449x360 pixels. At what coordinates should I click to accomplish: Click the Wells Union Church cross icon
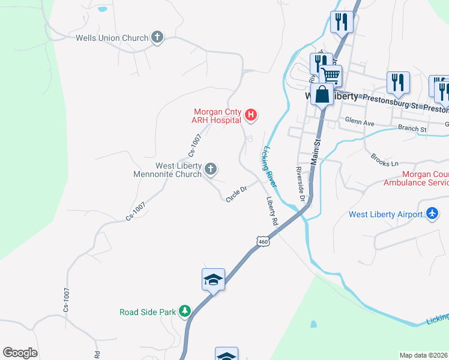point(157,38)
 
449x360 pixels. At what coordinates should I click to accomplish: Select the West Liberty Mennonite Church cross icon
point(211,170)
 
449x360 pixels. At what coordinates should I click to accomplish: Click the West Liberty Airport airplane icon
point(432,214)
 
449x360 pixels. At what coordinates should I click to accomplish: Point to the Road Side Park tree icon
point(185,311)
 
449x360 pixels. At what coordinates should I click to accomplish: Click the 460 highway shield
point(262,241)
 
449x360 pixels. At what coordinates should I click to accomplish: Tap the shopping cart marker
point(330,76)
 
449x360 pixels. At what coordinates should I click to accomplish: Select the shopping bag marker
point(322,94)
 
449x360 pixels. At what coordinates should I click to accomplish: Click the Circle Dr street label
point(237,194)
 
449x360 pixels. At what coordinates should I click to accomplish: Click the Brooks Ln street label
point(385,159)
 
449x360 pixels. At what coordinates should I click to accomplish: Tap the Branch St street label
point(412,128)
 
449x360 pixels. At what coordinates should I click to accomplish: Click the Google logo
point(20,353)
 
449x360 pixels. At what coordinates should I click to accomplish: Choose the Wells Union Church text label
point(112,38)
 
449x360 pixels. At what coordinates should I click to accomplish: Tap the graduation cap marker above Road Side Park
point(213,280)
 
